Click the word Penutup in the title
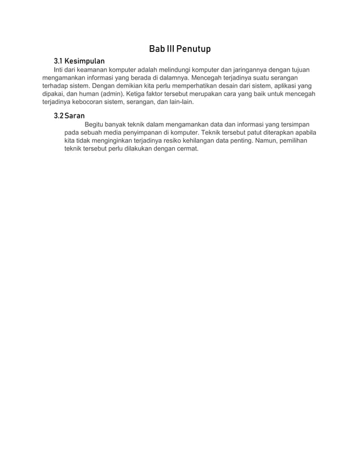(x=193, y=49)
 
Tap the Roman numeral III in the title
(x=168, y=49)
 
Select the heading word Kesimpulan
(x=85, y=60)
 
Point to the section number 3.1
(x=58, y=60)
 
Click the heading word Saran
(x=74, y=116)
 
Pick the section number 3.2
(x=58, y=116)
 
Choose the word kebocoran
(x=95, y=102)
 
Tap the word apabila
(x=304, y=133)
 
